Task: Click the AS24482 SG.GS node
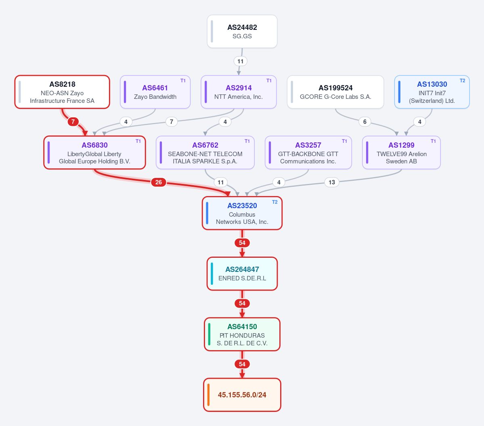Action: (x=242, y=31)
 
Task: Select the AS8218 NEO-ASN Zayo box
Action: (x=62, y=92)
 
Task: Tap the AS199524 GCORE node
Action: (x=335, y=92)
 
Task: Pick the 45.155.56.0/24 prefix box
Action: (x=242, y=395)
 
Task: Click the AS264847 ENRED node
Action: (x=242, y=274)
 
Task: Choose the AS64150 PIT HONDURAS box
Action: (x=242, y=334)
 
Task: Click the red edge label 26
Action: (x=159, y=182)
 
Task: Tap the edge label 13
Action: (x=332, y=182)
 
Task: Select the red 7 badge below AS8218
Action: (x=73, y=121)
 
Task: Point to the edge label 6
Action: (x=365, y=121)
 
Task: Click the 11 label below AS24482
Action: (x=241, y=61)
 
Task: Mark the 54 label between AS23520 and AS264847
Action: (x=242, y=243)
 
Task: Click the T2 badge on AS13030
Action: (x=462, y=81)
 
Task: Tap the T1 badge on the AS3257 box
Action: (x=344, y=141)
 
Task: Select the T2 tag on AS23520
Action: (x=275, y=202)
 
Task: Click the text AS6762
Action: (x=205, y=145)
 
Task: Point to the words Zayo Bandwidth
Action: (x=155, y=96)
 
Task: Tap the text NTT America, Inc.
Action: (x=239, y=96)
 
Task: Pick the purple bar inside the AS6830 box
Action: (x=49, y=152)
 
